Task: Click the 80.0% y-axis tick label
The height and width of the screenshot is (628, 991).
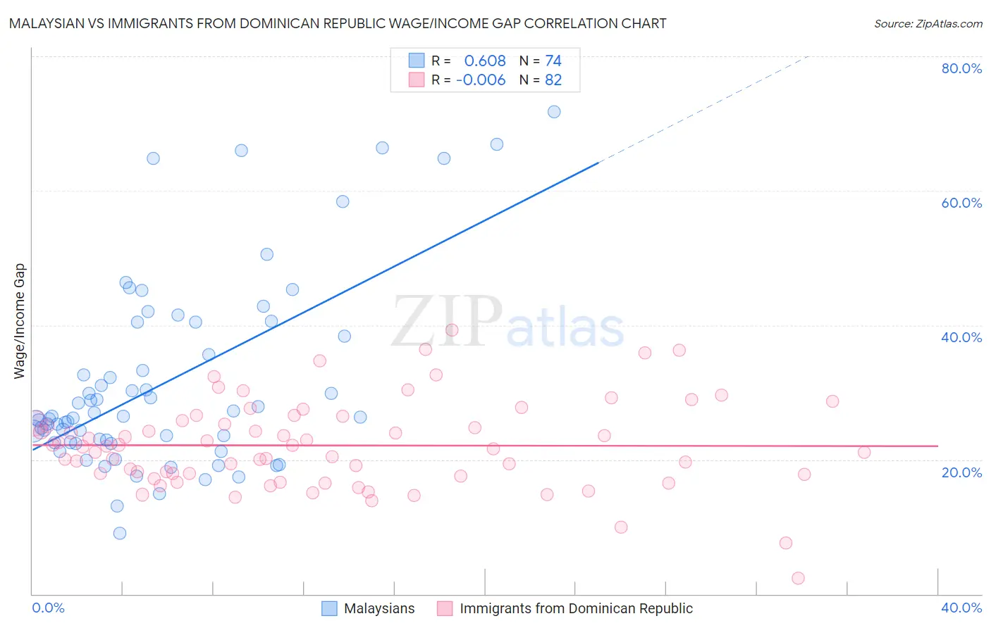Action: point(961,68)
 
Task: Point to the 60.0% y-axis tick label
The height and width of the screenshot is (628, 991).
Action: point(961,203)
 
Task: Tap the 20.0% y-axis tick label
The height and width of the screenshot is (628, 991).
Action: point(961,472)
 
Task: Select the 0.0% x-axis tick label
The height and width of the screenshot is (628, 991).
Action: point(48,608)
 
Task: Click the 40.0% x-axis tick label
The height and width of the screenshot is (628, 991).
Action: point(961,608)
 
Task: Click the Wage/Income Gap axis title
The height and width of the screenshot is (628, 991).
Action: point(20,321)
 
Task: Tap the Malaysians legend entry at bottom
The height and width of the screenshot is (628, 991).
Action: point(369,608)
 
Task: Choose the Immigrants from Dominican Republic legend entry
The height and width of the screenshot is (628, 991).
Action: point(565,608)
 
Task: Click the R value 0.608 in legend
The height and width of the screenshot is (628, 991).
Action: point(484,61)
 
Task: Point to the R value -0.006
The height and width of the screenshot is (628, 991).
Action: point(481,80)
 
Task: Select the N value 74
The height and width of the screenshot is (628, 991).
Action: point(553,61)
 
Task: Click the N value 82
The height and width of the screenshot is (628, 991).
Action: point(553,80)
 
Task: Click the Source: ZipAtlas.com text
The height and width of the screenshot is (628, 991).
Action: point(928,24)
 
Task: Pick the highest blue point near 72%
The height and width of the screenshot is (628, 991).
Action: point(554,112)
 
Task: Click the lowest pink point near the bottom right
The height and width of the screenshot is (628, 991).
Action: point(798,578)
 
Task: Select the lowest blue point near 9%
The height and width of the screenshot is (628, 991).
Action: point(120,533)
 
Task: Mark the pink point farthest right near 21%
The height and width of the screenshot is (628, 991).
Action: point(864,452)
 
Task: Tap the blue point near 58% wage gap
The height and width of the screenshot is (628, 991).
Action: point(343,201)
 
